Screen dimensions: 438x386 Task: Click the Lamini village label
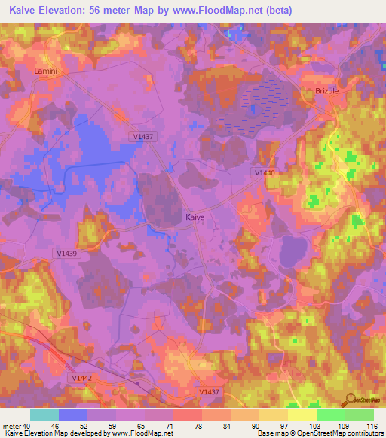pyautogui.click(x=46, y=71)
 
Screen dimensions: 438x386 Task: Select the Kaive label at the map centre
pyautogui.click(x=195, y=217)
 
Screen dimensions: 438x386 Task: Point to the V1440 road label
pyautogui.click(x=265, y=172)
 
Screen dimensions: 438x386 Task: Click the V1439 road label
pyautogui.click(x=68, y=254)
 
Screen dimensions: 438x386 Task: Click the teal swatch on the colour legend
pyautogui.click(x=44, y=415)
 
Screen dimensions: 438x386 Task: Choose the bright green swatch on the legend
pyautogui.click(x=330, y=415)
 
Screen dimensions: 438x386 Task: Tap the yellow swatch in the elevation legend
pyautogui.click(x=302, y=415)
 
